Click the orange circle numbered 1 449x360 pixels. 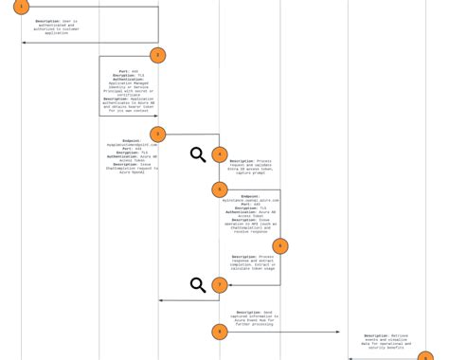(x=21, y=7)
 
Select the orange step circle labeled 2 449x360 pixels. (x=157, y=56)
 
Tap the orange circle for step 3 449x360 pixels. (x=157, y=135)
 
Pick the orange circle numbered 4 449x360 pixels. (x=219, y=154)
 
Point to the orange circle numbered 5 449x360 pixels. (x=219, y=189)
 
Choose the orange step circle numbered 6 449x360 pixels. (x=279, y=246)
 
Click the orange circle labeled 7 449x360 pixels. (x=219, y=285)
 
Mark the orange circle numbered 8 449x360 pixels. (x=219, y=332)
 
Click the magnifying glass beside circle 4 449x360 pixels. (x=198, y=154)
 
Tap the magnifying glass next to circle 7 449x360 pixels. (x=198, y=285)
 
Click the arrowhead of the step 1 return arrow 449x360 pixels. (x=24, y=43)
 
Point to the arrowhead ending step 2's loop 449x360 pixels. (x=155, y=117)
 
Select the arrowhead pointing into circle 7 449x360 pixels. (x=230, y=285)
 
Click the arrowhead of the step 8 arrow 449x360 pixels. (x=337, y=332)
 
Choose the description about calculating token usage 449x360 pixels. (x=253, y=262)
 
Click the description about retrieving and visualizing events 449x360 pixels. (x=386, y=342)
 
